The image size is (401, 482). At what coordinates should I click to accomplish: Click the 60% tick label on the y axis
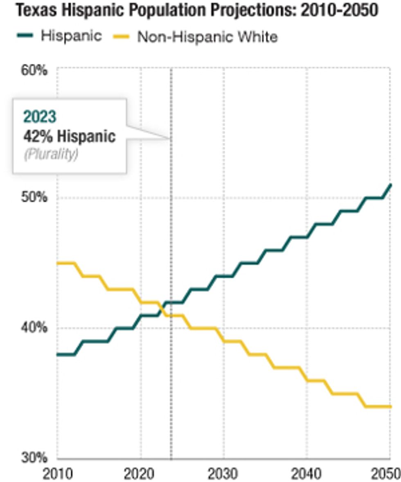[x=34, y=70]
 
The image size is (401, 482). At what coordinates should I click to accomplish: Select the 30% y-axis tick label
[x=34, y=457]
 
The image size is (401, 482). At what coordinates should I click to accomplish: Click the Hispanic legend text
[x=71, y=36]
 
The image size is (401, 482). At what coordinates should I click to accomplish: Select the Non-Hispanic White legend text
[x=207, y=37]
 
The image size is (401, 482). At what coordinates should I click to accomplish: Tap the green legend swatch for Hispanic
[x=25, y=36]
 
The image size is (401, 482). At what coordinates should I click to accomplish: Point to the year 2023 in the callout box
[x=39, y=117]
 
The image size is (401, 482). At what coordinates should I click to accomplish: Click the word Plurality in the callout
[x=51, y=155]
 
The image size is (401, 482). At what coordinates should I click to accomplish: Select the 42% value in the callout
[x=38, y=136]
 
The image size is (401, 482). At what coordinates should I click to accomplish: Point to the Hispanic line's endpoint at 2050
[x=391, y=185]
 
